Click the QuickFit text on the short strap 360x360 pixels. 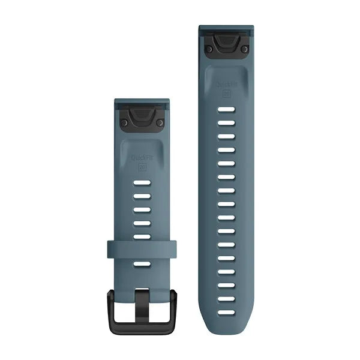point(142,158)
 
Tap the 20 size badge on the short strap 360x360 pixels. point(142,167)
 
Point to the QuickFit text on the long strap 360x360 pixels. point(226,83)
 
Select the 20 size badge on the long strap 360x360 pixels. point(226,93)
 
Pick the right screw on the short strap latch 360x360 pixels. point(160,122)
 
